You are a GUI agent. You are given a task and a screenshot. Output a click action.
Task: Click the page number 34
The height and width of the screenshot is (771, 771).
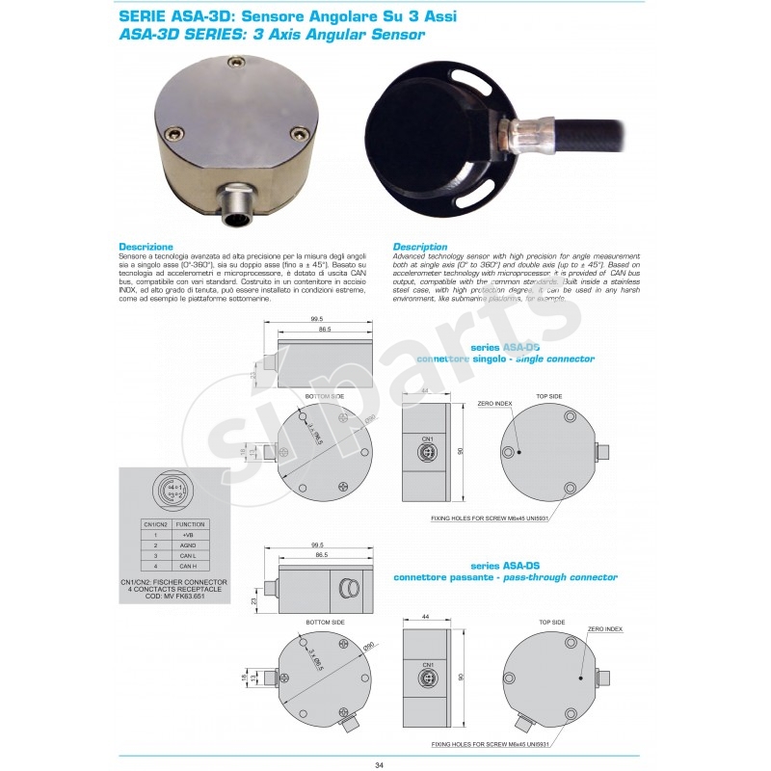pyautogui.click(x=379, y=764)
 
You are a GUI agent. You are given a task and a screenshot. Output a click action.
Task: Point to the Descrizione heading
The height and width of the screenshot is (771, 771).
pyautogui.click(x=146, y=247)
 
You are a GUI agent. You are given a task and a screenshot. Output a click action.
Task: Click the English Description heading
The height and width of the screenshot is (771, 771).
pyautogui.click(x=420, y=247)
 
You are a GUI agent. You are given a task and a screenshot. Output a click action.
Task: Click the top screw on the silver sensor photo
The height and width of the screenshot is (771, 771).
pyautogui.click(x=233, y=65)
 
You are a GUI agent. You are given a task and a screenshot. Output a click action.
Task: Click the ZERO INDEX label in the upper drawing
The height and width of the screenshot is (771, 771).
pyautogui.click(x=494, y=406)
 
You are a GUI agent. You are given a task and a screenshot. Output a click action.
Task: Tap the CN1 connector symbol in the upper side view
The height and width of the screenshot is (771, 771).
pyautogui.click(x=428, y=449)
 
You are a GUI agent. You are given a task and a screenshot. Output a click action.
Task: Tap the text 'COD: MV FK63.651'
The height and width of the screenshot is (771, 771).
pyautogui.click(x=173, y=597)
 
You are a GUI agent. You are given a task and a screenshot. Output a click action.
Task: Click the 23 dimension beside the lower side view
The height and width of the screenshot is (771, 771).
pyautogui.click(x=253, y=601)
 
